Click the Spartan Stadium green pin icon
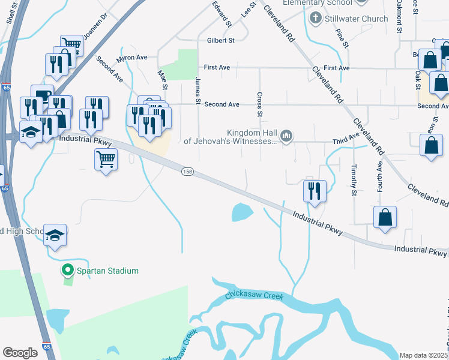click(67, 271)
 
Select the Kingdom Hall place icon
click(287, 137)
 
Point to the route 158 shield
click(187, 172)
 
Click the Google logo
click(20, 353)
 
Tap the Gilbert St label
click(220, 40)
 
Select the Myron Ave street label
click(132, 58)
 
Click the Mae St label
click(161, 79)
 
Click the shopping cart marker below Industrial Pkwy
click(106, 160)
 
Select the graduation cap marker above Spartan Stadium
click(55, 236)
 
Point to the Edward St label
click(222, 13)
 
